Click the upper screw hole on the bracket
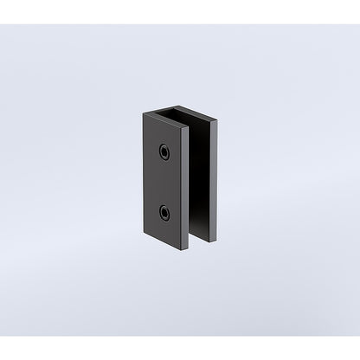(x=164, y=151)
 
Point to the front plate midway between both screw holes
(x=164, y=181)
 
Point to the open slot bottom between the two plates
(x=200, y=240)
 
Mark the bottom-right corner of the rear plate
(x=220, y=241)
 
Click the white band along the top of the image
(x=180, y=11)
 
